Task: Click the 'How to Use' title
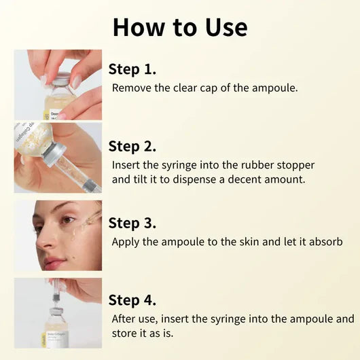tap(180, 27)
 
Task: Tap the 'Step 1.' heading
tap(132, 69)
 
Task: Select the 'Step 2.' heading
tap(132, 146)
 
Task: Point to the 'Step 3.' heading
tap(132, 223)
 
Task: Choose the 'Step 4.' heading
tap(132, 300)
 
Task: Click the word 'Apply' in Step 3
tap(126, 242)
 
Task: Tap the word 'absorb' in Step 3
tap(325, 242)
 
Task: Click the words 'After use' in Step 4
tap(134, 319)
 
